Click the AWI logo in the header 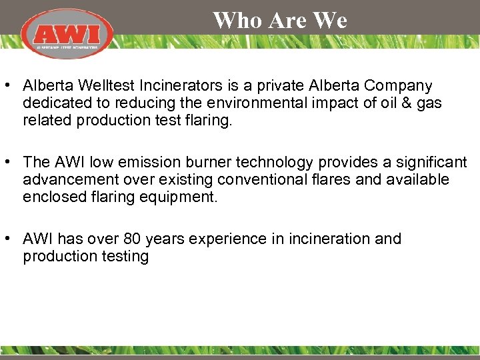67,34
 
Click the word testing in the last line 123,257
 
